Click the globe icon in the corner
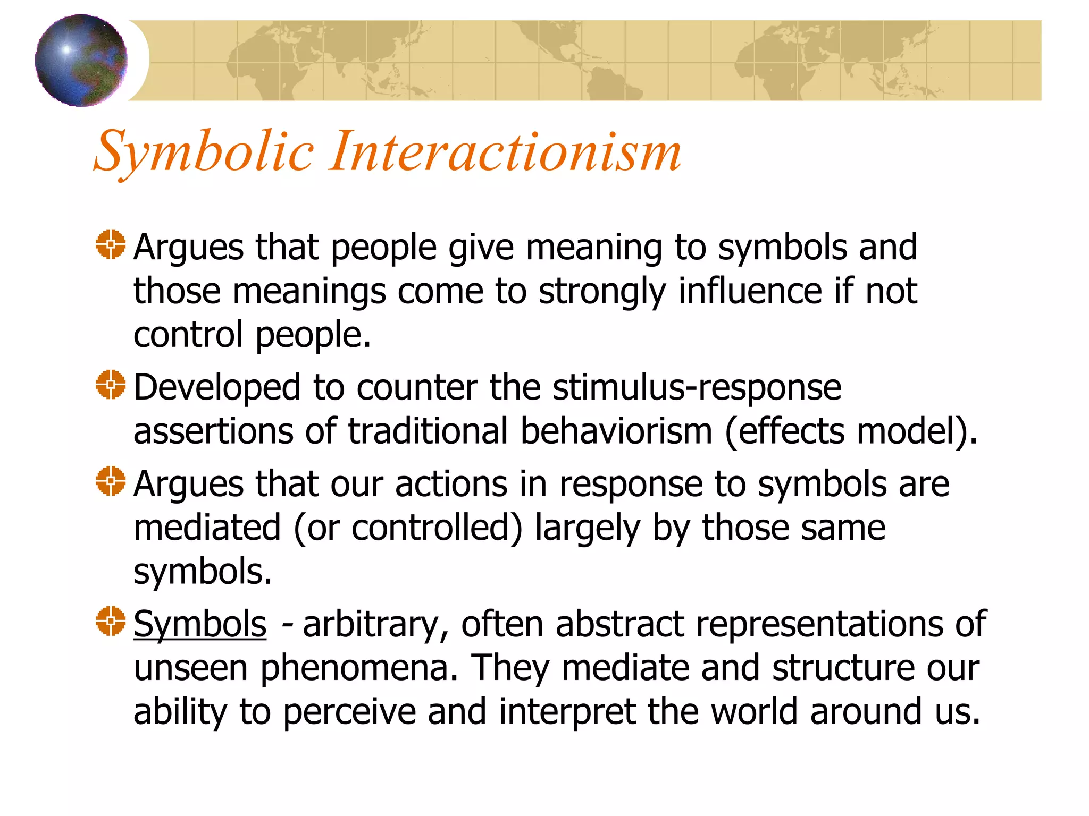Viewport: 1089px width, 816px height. coord(81,60)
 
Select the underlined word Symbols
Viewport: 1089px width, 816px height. coord(199,624)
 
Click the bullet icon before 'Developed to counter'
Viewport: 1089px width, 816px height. coord(111,385)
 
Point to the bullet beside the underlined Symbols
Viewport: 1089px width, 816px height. coord(111,620)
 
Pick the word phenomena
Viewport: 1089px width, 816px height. coord(359,668)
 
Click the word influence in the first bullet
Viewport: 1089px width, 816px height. coord(750,291)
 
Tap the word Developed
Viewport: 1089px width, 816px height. coord(217,387)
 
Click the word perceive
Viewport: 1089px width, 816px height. coord(349,712)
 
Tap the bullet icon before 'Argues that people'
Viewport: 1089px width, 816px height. coord(111,244)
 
